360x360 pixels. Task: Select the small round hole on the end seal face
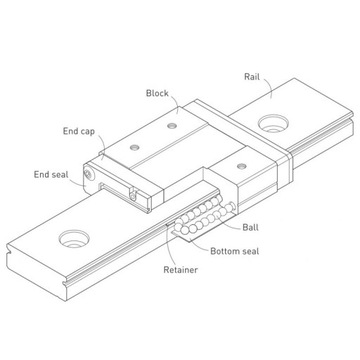[x=90, y=176]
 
